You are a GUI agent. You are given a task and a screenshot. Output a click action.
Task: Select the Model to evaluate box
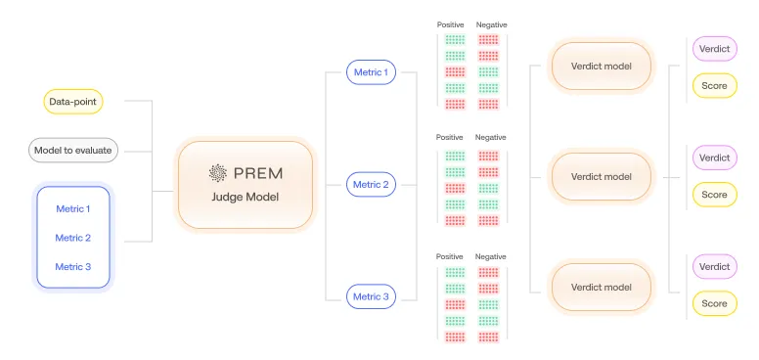pos(73,150)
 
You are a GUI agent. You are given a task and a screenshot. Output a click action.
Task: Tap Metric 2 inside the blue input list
pos(73,238)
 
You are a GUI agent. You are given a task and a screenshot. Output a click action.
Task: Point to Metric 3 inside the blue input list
pos(73,267)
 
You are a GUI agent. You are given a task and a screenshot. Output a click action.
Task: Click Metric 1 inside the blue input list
pos(73,208)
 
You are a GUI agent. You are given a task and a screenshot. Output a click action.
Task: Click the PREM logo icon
pos(218,174)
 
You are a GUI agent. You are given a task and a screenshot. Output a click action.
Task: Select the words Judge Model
pos(246,197)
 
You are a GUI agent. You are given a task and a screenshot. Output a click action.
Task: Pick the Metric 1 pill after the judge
pos(371,71)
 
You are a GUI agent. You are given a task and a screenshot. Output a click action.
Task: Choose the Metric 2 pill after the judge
pos(371,184)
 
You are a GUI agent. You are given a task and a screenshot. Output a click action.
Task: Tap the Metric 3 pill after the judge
pos(371,296)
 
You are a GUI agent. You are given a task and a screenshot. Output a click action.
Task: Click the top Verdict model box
pos(601,67)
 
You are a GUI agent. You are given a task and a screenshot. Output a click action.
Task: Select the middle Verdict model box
pos(601,176)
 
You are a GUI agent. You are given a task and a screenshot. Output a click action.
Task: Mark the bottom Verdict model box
pos(601,287)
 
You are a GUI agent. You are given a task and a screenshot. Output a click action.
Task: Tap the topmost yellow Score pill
pos(714,86)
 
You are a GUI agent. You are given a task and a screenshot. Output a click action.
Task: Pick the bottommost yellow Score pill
pos(714,303)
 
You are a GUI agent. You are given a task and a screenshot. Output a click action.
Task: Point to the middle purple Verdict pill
pos(714,157)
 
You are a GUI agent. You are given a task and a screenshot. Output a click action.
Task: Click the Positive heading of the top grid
pos(450,24)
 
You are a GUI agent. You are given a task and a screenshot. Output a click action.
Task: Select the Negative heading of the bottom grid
pos(491,256)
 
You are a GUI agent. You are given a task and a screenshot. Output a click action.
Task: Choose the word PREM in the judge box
pos(257,174)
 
